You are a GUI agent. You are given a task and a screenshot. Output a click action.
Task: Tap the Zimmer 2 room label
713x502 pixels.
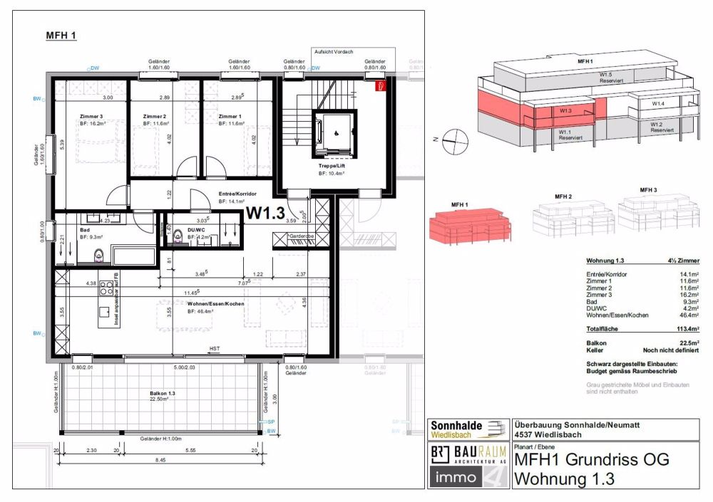[154, 117]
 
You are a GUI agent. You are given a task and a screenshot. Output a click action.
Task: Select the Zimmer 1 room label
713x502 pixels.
[230, 117]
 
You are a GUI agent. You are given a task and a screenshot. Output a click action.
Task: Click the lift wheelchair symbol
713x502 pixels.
[336, 132]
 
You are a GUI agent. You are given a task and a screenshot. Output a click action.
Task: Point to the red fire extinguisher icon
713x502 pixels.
[381, 87]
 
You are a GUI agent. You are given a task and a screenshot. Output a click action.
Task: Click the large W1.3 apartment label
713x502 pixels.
[265, 212]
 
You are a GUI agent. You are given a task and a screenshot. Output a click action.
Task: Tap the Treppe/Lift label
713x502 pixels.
[333, 165]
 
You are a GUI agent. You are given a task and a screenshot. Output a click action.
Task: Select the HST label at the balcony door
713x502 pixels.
[214, 348]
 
